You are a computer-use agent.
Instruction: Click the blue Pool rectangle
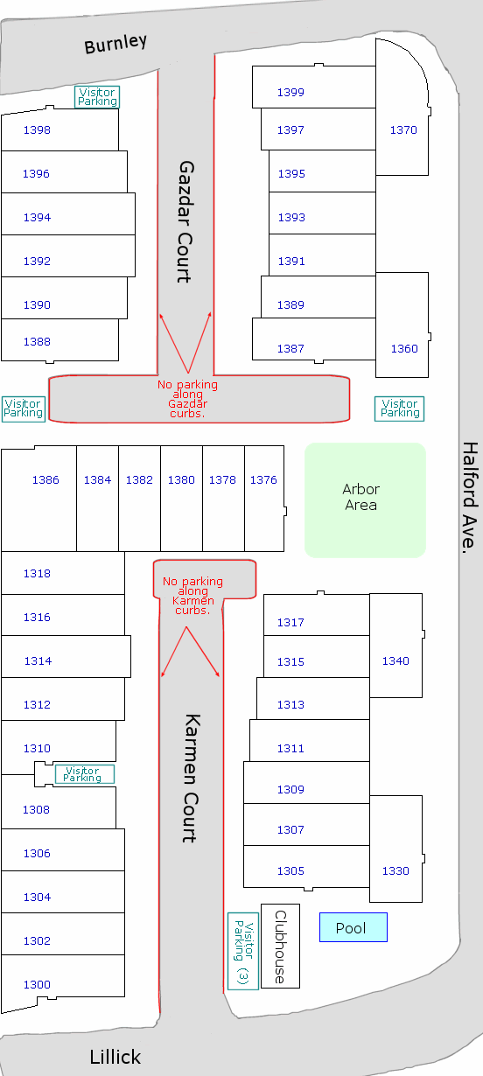(353, 927)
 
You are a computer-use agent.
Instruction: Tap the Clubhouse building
(280, 946)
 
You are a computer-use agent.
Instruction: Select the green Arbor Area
(365, 500)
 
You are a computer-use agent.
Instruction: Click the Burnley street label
(115, 44)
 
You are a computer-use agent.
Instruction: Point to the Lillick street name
(115, 1057)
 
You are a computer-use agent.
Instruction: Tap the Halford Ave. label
(470, 498)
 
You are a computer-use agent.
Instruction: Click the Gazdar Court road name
(185, 222)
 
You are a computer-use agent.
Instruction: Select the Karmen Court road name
(192, 779)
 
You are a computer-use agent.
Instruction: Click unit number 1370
(403, 129)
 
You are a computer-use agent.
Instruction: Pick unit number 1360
(404, 349)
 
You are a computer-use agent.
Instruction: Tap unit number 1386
(45, 480)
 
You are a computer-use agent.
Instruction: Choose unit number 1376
(263, 480)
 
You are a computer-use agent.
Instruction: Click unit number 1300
(37, 985)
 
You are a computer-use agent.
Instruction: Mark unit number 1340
(395, 661)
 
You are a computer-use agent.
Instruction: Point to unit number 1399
(290, 92)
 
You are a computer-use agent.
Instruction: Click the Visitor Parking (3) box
(243, 951)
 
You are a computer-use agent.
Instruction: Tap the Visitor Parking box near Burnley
(97, 97)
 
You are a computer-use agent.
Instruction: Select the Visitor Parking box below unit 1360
(399, 409)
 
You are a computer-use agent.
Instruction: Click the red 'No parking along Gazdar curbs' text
(187, 399)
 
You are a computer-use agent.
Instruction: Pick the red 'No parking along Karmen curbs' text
(192, 596)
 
